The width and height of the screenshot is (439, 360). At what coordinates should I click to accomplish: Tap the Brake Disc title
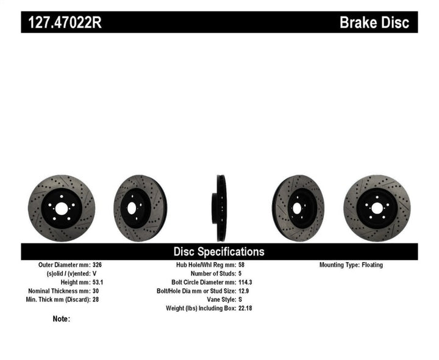click(378, 23)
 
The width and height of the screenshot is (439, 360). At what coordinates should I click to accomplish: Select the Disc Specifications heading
click(219, 251)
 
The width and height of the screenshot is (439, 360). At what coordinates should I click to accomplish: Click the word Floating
click(372, 265)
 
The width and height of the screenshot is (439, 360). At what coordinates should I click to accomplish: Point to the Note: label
click(61, 319)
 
